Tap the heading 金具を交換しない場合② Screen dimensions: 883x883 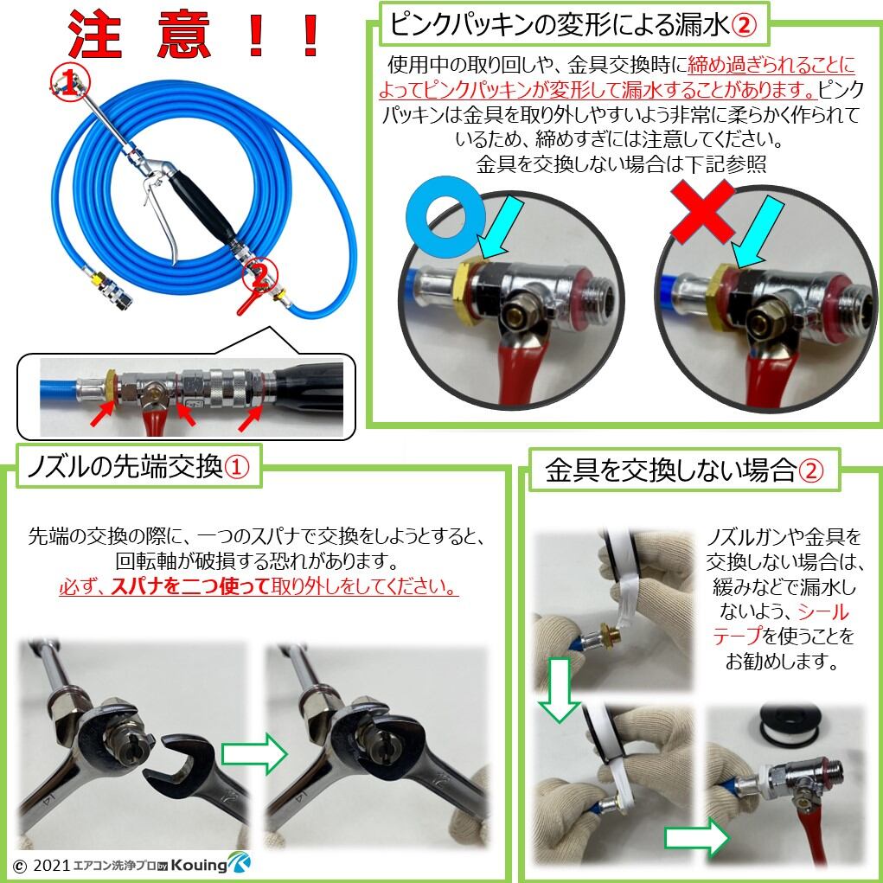pyautogui.click(x=683, y=470)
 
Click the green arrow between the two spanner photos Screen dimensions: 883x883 pyautogui.click(x=253, y=753)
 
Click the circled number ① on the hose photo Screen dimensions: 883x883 pyautogui.click(x=65, y=82)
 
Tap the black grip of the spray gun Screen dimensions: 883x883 pyautogui.click(x=201, y=208)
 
